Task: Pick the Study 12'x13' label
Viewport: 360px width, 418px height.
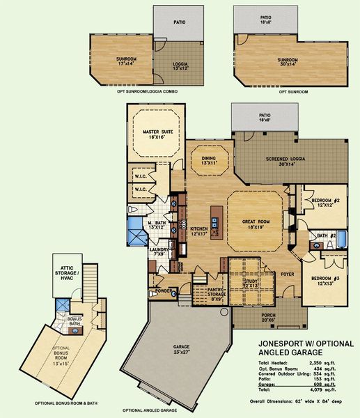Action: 252,283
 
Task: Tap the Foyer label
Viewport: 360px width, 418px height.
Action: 288,274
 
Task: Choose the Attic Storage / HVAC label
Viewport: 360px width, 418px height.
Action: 71,275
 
